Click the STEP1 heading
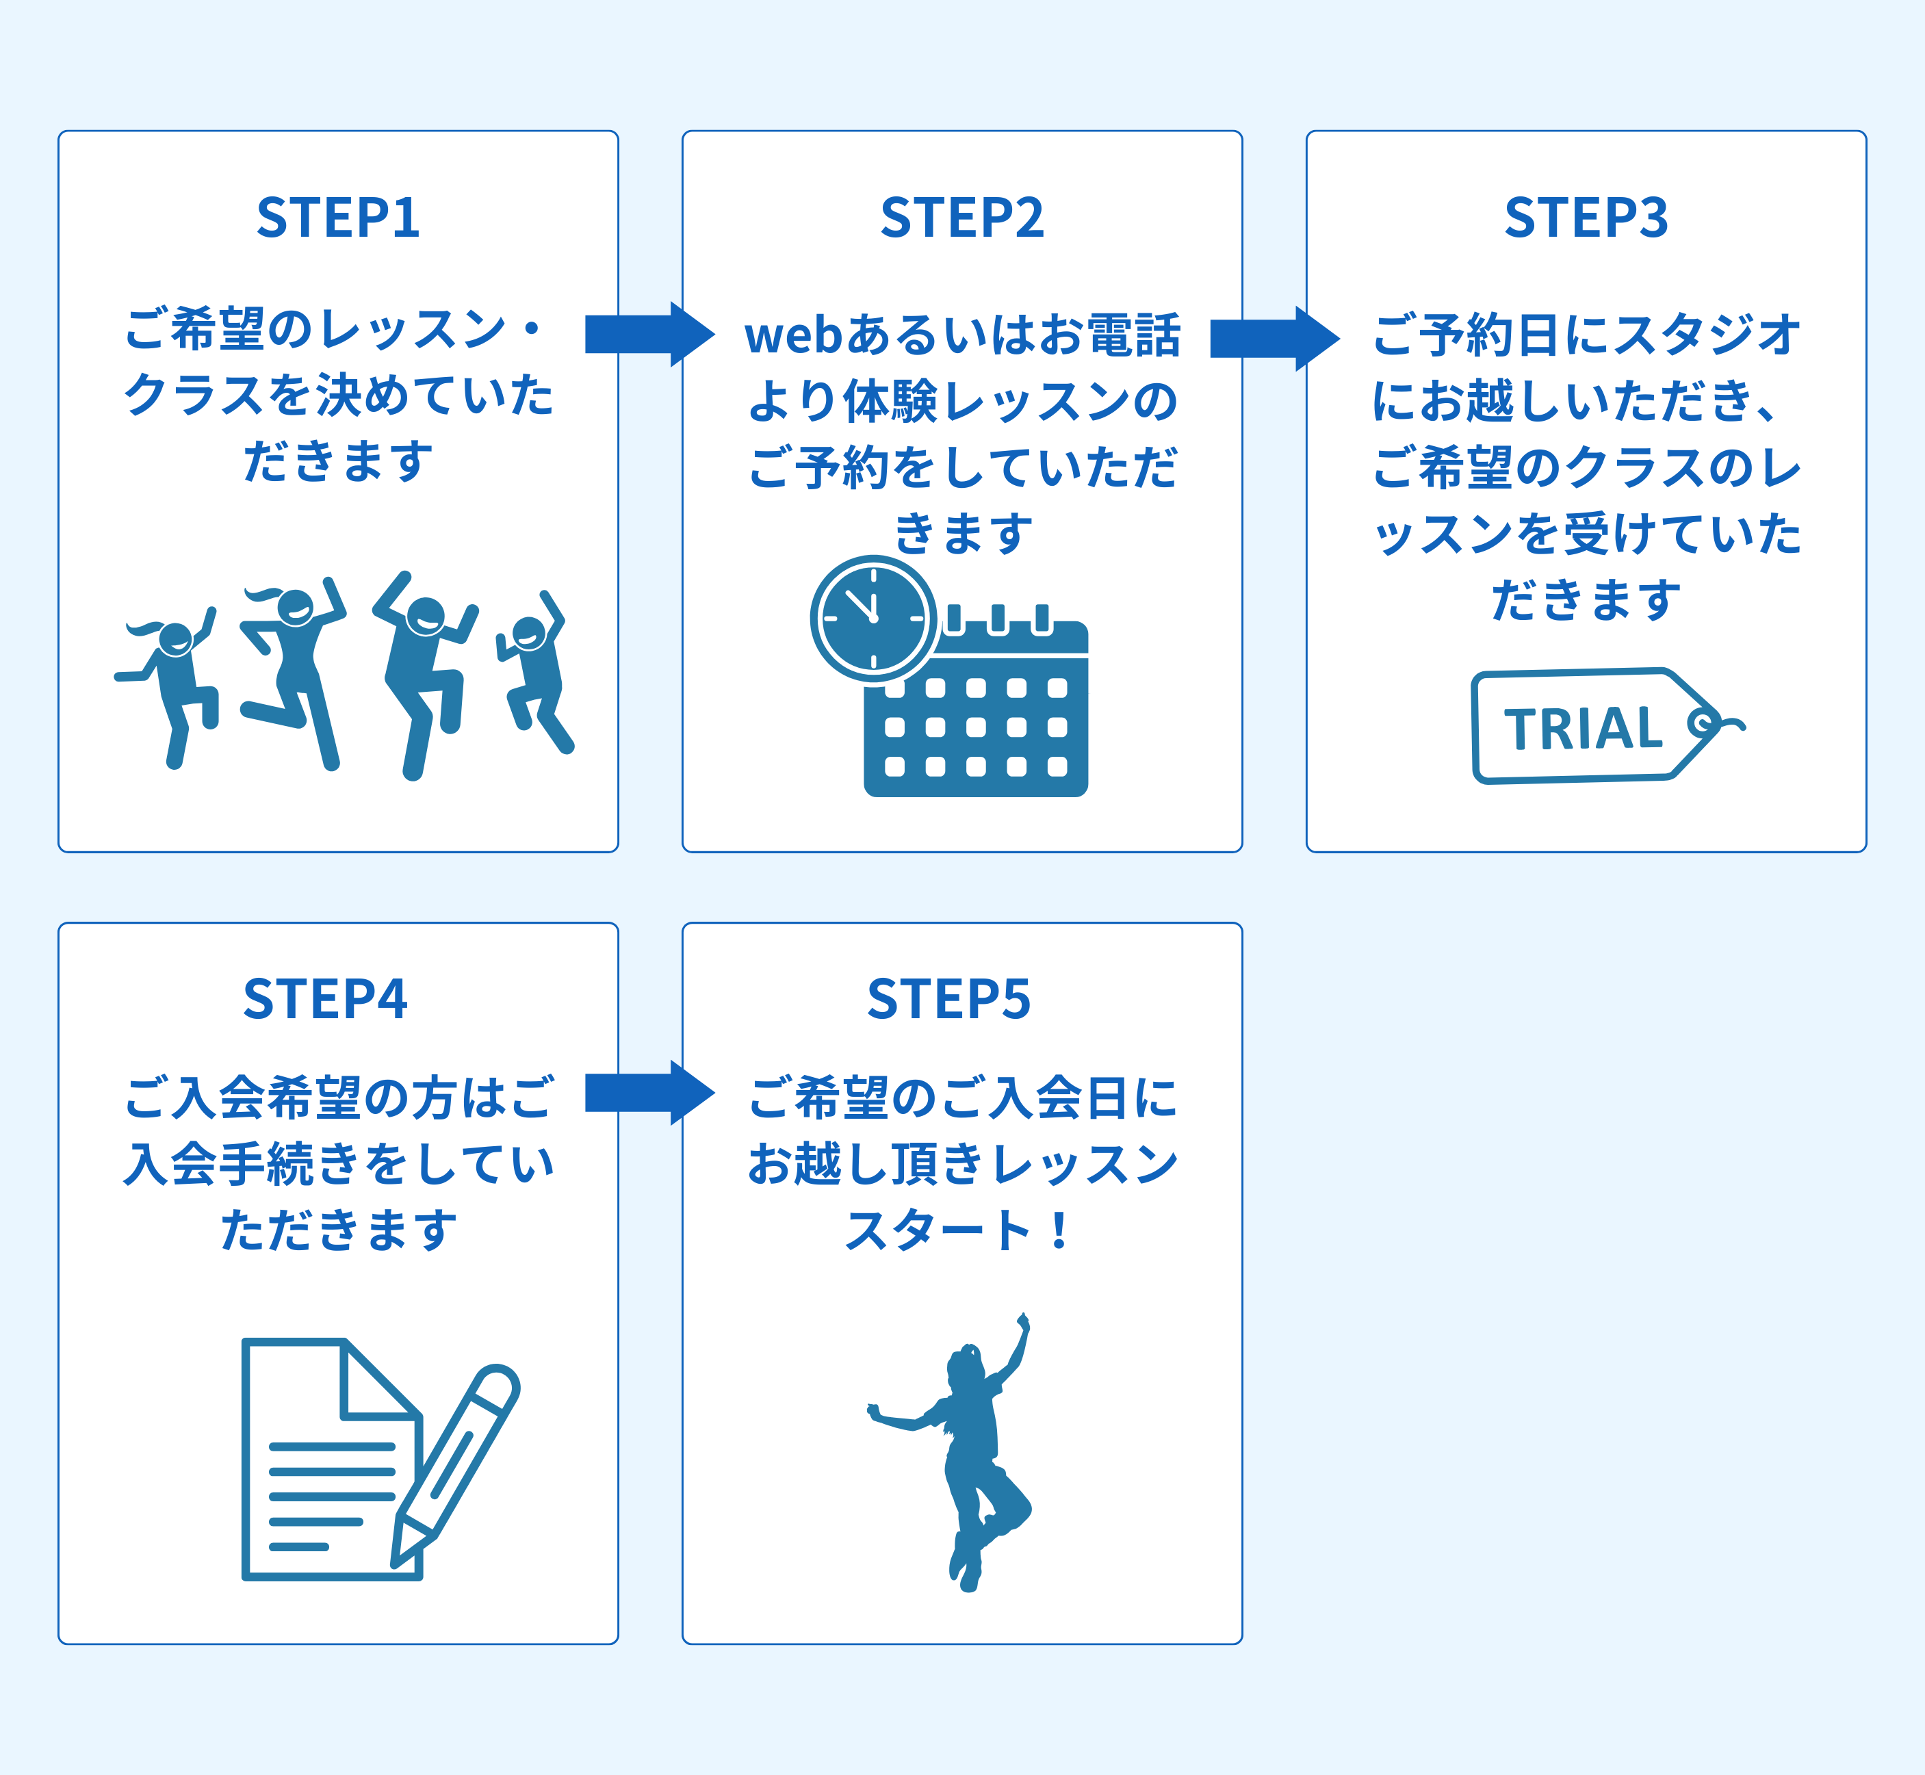[338, 218]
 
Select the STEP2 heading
[961, 218]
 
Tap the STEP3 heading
[1586, 218]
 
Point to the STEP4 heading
[324, 999]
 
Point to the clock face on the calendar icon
[873, 619]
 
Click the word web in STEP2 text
[793, 336]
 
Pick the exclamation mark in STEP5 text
[1059, 1230]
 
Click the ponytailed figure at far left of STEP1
[173, 682]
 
